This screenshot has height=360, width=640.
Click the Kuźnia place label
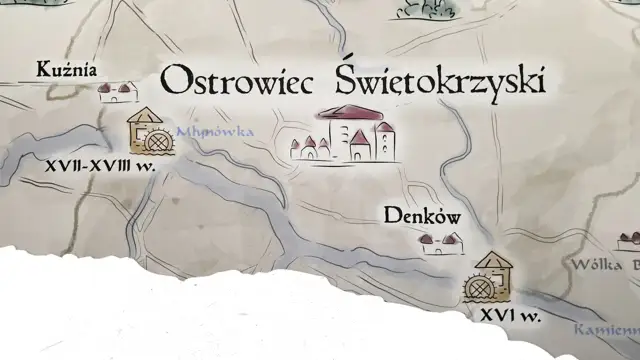[x=66, y=70]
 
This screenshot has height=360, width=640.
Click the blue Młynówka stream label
[x=214, y=131]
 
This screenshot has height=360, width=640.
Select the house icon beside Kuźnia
[x=117, y=93]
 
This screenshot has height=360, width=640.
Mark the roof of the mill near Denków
[x=493, y=260]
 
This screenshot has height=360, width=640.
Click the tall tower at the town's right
[x=384, y=141]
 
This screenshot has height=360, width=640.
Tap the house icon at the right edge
[x=629, y=241]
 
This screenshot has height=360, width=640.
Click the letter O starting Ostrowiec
[x=174, y=81]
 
